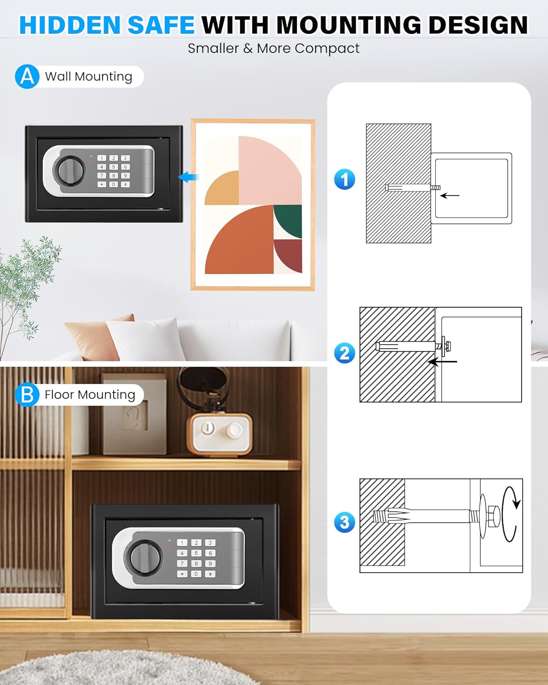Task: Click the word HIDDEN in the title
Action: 70,25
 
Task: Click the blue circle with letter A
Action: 27,76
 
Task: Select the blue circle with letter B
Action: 27,395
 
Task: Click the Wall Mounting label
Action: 89,77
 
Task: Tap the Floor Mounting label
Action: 90,395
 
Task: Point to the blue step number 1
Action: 344,179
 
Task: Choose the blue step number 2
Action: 344,353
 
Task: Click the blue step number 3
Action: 344,522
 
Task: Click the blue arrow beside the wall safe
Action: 189,177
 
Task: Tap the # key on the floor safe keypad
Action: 210,574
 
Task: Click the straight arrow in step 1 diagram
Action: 450,195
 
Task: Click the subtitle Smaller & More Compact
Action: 274,49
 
